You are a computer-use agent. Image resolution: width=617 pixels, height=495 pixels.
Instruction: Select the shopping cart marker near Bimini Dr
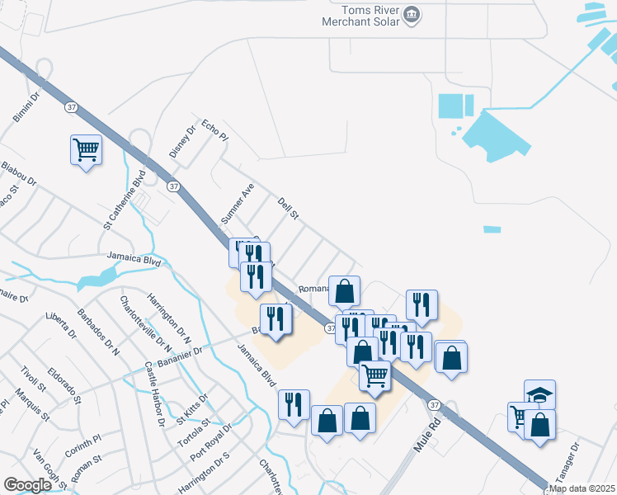tap(86, 150)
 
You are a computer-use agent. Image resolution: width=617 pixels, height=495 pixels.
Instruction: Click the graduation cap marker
tap(539, 394)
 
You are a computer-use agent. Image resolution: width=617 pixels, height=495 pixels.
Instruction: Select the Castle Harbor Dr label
tap(153, 395)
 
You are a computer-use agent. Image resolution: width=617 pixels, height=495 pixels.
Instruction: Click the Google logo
tap(27, 484)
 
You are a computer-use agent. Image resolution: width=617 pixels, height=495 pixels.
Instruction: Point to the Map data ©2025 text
tap(582, 488)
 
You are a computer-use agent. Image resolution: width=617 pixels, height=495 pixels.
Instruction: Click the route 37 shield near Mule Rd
tap(433, 404)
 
